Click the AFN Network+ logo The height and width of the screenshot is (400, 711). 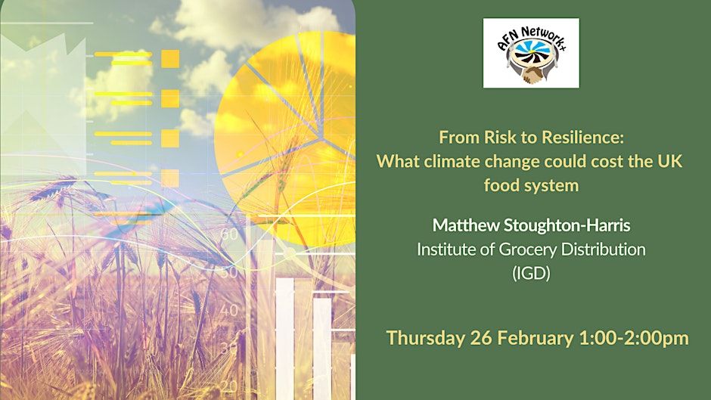[531, 53]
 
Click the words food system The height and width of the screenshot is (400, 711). [530, 184]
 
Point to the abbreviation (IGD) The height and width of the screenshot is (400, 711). [530, 272]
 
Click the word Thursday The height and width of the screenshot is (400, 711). [425, 338]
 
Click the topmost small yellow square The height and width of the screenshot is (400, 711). [170, 59]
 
